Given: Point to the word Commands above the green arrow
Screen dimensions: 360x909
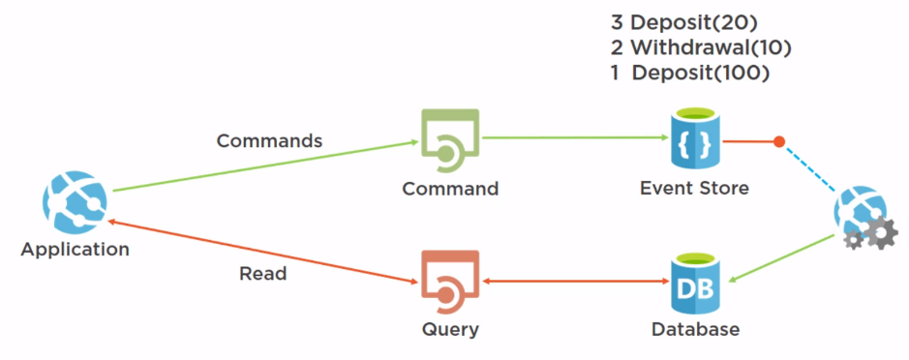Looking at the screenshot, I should click(x=269, y=140).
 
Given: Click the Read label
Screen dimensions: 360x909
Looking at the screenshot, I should click(x=263, y=274).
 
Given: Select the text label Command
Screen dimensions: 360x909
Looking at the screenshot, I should click(x=450, y=189).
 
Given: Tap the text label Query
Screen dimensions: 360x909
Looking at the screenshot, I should click(x=450, y=330).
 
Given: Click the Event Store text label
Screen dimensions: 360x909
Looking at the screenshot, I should click(x=694, y=189).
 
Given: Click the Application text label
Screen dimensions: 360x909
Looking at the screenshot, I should click(x=75, y=250).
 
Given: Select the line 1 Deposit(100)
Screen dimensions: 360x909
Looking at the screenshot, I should click(x=690, y=74).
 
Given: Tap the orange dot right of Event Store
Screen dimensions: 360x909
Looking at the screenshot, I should click(x=778, y=142).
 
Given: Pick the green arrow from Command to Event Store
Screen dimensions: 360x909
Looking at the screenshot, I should click(x=571, y=138).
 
